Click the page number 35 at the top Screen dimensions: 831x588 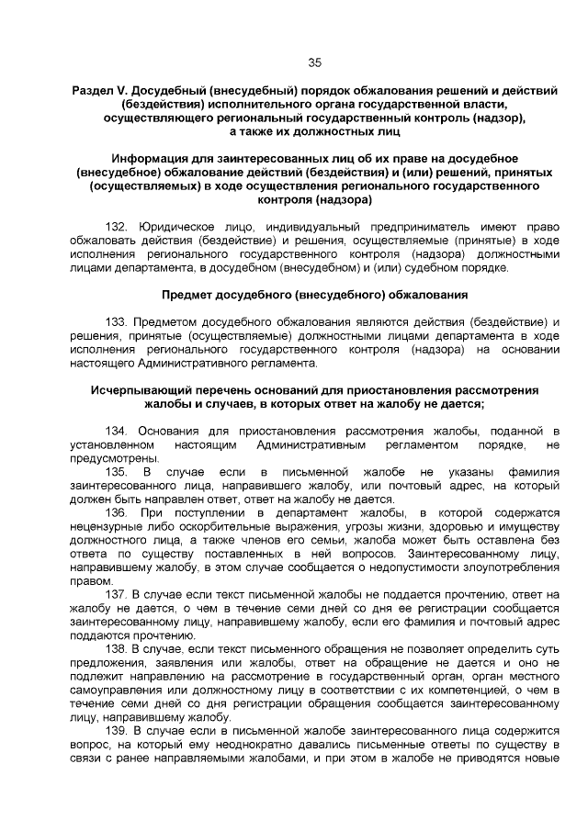[314, 62]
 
